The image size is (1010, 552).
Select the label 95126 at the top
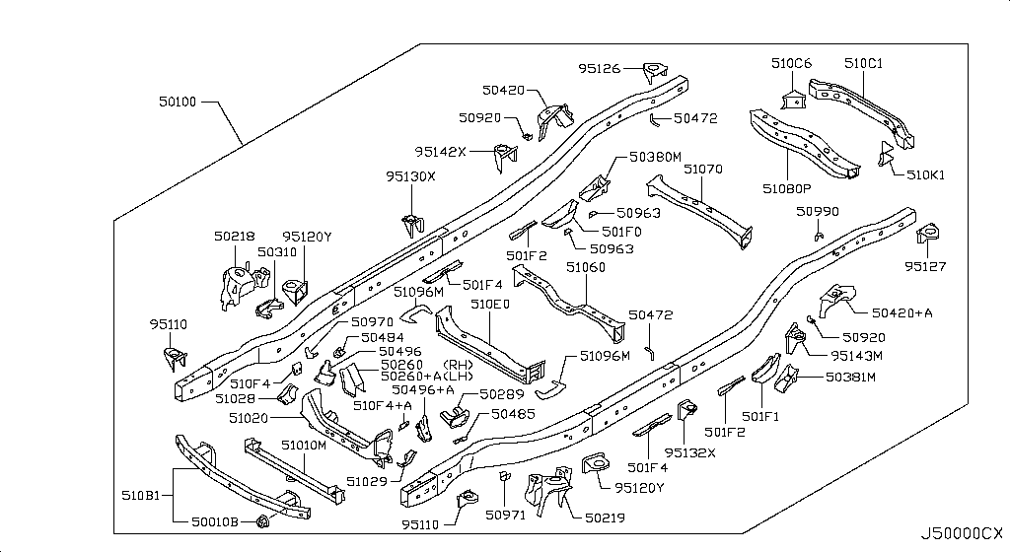point(600,68)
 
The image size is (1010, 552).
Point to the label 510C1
point(863,63)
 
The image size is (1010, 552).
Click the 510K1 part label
point(926,174)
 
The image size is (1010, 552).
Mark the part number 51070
point(703,170)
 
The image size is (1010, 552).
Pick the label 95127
point(926,265)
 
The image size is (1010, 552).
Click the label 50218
point(234,237)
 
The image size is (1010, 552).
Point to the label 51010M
point(303,446)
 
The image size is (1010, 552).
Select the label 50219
point(603,516)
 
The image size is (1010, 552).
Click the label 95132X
point(689,452)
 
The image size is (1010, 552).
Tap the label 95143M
point(855,355)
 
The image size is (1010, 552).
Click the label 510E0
point(489,305)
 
